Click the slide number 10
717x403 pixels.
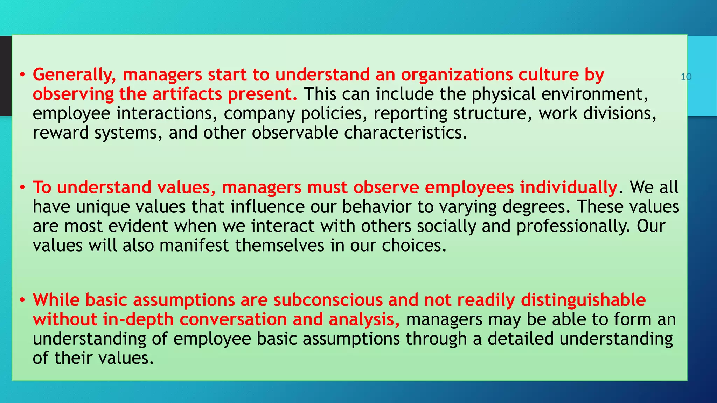pyautogui.click(x=686, y=77)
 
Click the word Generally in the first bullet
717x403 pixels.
pyautogui.click(x=74, y=75)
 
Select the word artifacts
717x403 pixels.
pyautogui.click(x=188, y=94)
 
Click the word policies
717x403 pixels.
pyautogui.click(x=334, y=114)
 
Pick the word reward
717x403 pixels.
pyautogui.click(x=61, y=133)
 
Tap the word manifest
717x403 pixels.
pyautogui.click(x=194, y=246)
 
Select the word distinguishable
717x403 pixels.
pyautogui.click(x=583, y=300)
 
